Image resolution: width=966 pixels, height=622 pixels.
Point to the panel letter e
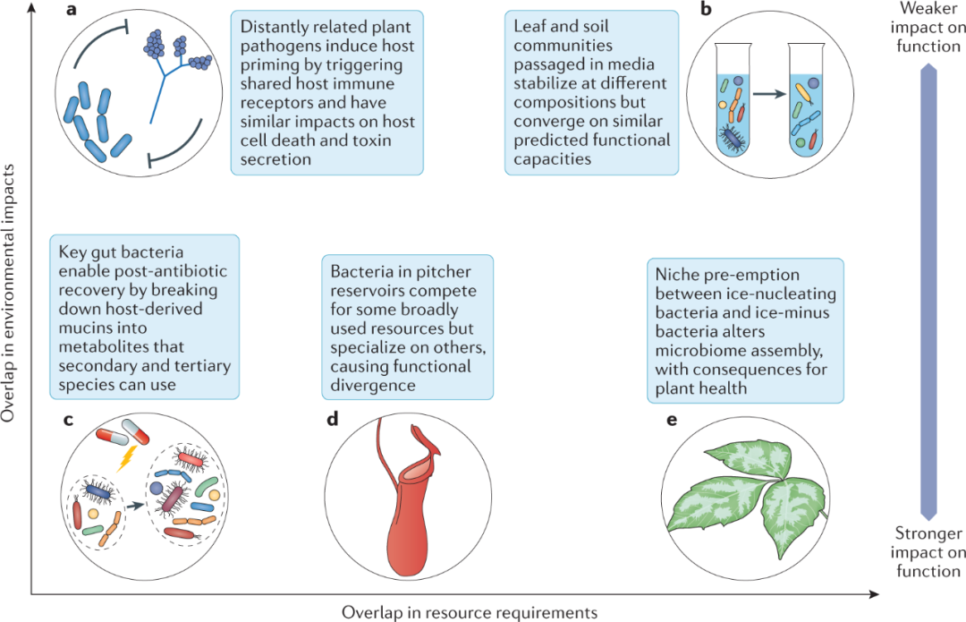tap(674, 422)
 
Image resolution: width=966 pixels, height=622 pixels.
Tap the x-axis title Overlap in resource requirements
tap(469, 612)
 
